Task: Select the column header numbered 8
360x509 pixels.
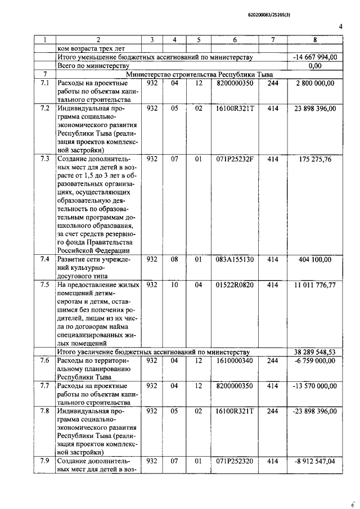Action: click(315, 40)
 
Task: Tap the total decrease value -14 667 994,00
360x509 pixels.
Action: click(315, 57)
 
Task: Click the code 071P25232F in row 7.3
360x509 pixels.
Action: click(235, 159)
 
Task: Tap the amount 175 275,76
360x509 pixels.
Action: click(315, 159)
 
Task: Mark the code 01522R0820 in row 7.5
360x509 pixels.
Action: click(235, 285)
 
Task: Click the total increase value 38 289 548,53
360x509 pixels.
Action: click(315, 352)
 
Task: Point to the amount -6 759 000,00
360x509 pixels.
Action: click(315, 361)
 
